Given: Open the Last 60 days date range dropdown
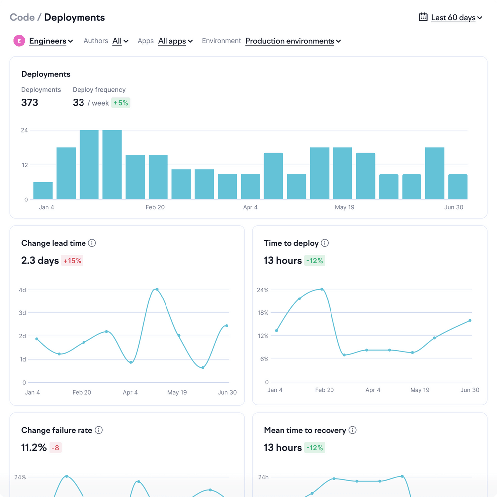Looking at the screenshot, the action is tap(456, 18).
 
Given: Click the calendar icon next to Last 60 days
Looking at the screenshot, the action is tap(423, 17).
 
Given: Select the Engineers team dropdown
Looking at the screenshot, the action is tap(51, 41).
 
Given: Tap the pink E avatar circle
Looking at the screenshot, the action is tap(19, 41).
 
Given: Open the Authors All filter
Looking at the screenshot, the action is tap(120, 41).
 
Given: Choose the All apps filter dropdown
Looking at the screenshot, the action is tap(175, 41).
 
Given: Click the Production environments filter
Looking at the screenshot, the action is tap(293, 41).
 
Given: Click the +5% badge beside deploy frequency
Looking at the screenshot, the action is tap(121, 103).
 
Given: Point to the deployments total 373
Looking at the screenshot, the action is tap(29, 103).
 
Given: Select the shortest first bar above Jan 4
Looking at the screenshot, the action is tap(43, 191).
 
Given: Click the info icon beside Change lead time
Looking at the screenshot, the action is tap(92, 243).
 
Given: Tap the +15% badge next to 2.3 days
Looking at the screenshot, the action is tap(72, 261).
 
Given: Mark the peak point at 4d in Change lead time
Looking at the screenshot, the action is tap(157, 289).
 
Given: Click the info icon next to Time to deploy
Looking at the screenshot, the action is tap(325, 243).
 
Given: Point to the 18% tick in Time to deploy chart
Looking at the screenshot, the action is tap(263, 313).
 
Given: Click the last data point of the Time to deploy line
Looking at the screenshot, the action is tap(470, 320).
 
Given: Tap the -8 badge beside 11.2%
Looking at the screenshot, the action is tap(55, 448).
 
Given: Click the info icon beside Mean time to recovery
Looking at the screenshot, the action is tap(352, 430).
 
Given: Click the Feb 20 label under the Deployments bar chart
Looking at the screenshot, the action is tap(155, 207).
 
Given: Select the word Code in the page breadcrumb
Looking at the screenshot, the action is tap(22, 17).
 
